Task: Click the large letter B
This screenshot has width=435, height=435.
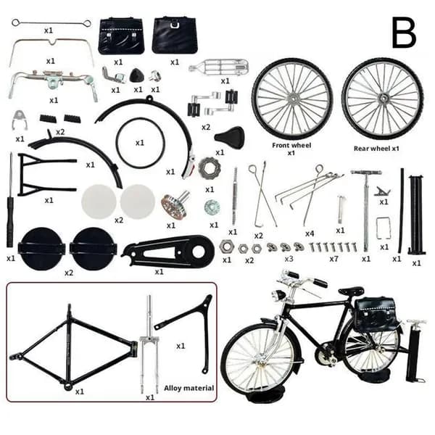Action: click(x=404, y=33)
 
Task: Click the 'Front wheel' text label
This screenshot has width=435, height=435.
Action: click(x=291, y=146)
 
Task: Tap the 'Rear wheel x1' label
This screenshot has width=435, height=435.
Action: click(x=376, y=149)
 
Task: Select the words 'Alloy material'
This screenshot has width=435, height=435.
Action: click(x=188, y=388)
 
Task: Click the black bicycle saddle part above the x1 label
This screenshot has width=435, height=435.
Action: click(x=229, y=137)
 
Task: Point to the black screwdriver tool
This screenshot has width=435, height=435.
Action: click(x=10, y=200)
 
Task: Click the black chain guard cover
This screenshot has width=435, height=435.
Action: click(x=168, y=252)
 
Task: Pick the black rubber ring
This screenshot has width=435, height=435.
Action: click(x=141, y=143)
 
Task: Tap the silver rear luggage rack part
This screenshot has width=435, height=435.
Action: click(x=218, y=67)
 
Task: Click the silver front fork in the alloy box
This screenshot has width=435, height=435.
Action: click(x=149, y=344)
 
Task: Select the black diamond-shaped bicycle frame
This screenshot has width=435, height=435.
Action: click(x=73, y=347)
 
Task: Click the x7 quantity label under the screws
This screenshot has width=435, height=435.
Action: click(x=333, y=259)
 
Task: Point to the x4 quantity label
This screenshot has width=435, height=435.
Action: click(x=310, y=233)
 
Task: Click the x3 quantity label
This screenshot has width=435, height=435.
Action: click(x=289, y=259)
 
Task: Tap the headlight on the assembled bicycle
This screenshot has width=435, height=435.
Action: click(x=279, y=294)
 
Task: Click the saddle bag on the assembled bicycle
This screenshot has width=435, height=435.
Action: click(x=375, y=310)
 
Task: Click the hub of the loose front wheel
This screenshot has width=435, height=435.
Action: click(x=293, y=98)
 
